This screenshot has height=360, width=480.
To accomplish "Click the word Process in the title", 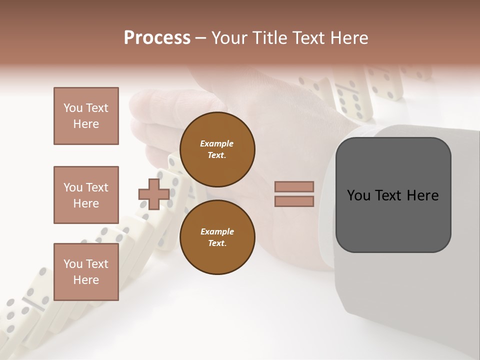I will [157, 38].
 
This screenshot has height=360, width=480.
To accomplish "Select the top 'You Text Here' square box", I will [86, 116].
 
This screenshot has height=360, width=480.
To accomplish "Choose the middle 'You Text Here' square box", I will [86, 195].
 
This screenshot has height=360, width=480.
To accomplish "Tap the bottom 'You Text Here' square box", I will [86, 272].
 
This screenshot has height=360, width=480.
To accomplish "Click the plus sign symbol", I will [154, 194].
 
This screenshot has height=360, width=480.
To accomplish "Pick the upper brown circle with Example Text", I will [217, 149].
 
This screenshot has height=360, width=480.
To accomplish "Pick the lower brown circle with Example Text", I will [217, 237].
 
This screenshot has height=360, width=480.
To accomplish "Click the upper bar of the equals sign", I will [294, 186].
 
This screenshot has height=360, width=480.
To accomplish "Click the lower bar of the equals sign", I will [294, 201].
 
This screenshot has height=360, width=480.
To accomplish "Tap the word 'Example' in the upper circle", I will [217, 143].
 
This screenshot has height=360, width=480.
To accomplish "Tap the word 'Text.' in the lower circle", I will [217, 243].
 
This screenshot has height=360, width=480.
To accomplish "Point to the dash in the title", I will [201, 38].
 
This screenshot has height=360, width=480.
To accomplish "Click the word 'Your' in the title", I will [229, 38].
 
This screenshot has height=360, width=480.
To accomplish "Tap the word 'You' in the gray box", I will [359, 195].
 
